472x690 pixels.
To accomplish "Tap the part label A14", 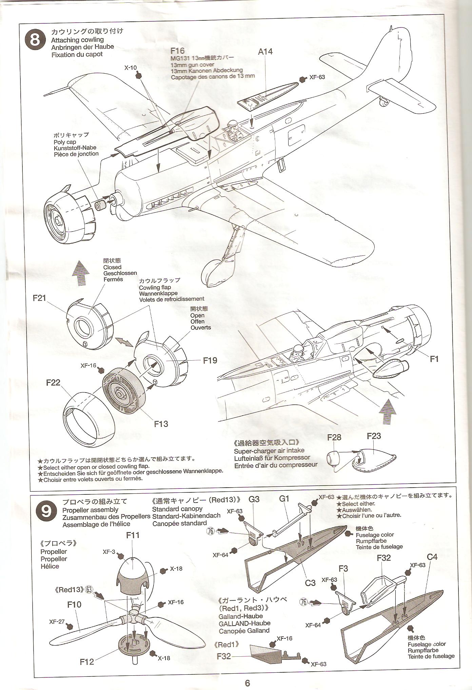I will (x=265, y=52).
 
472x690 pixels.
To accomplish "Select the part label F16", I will (x=178, y=51).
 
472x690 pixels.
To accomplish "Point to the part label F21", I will (x=39, y=298).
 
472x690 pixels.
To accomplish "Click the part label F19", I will (x=210, y=360).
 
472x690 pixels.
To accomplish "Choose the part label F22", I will (x=53, y=383).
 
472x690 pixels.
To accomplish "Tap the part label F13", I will (x=161, y=424).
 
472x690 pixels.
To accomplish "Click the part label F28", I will (x=334, y=437).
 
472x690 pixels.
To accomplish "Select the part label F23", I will (x=374, y=436).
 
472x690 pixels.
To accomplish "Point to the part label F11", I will (x=133, y=535).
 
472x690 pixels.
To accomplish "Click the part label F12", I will (x=87, y=662).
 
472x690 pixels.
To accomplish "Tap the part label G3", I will (x=254, y=499).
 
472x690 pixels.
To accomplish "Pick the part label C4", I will (x=432, y=557).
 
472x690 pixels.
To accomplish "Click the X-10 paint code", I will (x=130, y=68).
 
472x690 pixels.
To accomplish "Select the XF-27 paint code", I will (x=57, y=622).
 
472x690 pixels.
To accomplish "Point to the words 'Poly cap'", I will (x=65, y=142).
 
